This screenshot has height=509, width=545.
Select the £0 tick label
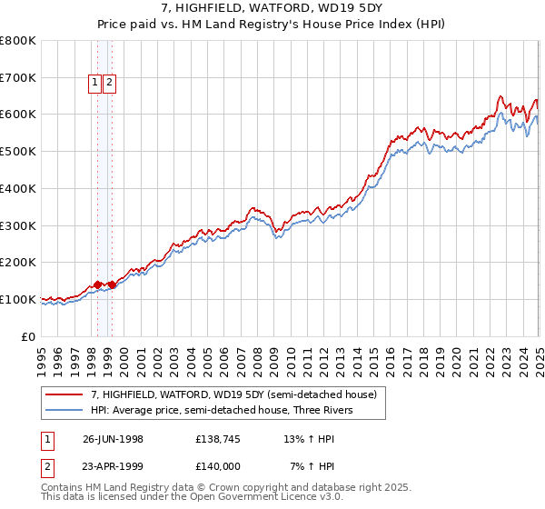click(x=29, y=336)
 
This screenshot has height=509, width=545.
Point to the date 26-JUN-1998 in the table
click(x=113, y=439)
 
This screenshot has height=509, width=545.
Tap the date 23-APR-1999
click(x=113, y=466)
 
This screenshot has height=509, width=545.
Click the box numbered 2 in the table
click(x=46, y=466)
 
